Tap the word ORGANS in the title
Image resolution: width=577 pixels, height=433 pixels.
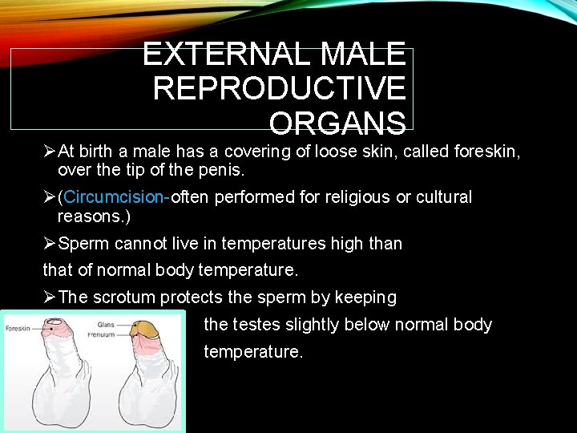[337, 123]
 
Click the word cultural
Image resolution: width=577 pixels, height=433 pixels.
[440, 197]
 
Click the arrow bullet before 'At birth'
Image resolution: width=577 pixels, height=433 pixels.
[50, 152]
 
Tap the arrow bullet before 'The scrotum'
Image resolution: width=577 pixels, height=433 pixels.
[50, 297]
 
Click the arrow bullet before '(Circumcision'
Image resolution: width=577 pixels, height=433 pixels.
[50, 197]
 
